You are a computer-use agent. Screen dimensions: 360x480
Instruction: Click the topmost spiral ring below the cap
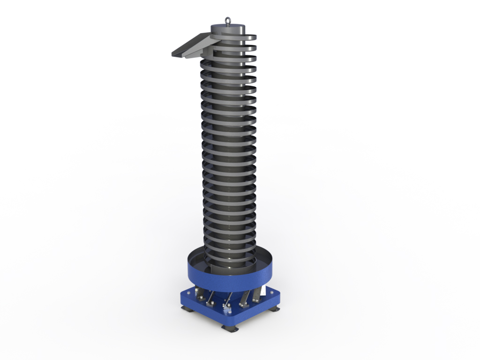tap(234, 38)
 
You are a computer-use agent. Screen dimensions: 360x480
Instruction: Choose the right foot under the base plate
tap(274, 309)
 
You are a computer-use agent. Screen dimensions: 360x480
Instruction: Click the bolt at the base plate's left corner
tap(187, 293)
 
